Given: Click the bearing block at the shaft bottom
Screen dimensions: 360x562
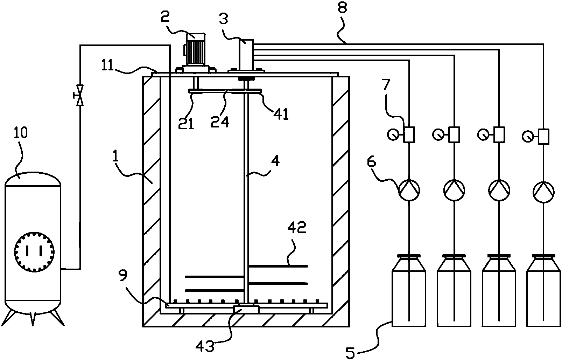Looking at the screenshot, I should [246, 309].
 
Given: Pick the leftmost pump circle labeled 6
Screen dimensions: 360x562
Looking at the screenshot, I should [409, 190].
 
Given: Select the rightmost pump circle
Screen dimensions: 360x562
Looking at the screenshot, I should [543, 190].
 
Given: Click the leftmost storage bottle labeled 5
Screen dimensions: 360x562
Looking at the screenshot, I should [409, 291].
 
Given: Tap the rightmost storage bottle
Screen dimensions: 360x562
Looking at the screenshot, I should [543, 291].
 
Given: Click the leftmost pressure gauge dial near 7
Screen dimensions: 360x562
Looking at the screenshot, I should [393, 134].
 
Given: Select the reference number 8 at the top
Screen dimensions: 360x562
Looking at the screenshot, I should [342, 8].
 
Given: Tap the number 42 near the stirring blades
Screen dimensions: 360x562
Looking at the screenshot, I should [297, 228].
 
